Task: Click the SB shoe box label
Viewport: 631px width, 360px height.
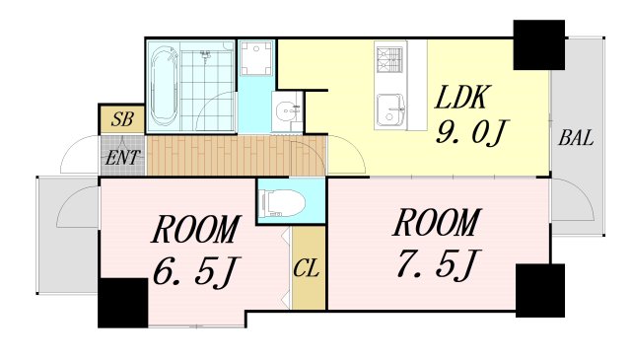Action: (122, 120)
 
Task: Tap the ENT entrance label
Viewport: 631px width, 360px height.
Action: (122, 156)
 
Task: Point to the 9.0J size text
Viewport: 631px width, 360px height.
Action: (470, 131)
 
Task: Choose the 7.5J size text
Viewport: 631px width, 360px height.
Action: (437, 263)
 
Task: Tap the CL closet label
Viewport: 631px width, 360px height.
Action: (307, 267)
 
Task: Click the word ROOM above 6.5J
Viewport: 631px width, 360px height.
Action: (195, 230)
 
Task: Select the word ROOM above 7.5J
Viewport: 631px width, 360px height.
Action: (437, 225)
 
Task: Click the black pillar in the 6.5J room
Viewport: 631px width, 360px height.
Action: (122, 303)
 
